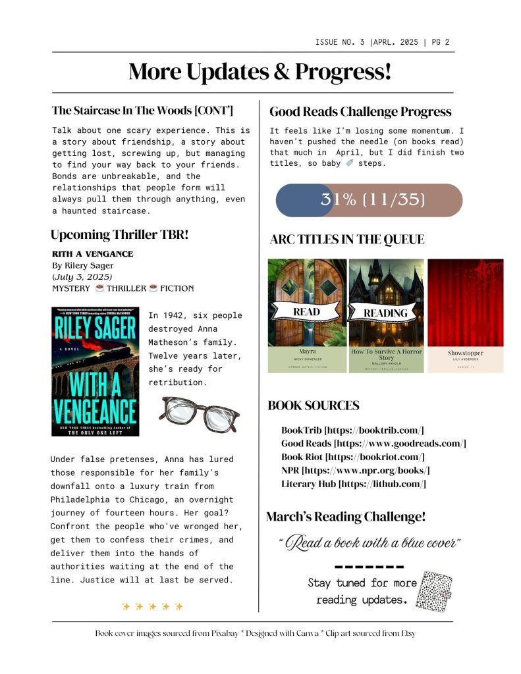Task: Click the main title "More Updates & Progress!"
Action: tap(260, 72)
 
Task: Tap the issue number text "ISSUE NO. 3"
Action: tap(340, 43)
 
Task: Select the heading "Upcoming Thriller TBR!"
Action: tap(119, 234)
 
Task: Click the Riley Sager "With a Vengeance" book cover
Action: tap(96, 371)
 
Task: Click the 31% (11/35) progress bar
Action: tap(368, 200)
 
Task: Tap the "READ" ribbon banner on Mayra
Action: tap(306, 312)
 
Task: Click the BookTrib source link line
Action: tap(352, 430)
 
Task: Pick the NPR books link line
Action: tap(356, 470)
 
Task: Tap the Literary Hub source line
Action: tap(354, 484)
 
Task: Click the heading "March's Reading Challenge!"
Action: tap(346, 517)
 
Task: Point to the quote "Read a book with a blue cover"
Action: tap(369, 543)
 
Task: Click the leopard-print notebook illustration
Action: tap(437, 591)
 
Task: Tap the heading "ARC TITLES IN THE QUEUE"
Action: tap(346, 240)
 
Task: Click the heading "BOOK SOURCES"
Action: tap(314, 405)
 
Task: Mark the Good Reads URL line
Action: tap(373, 444)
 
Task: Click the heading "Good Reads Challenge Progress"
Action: tap(360, 112)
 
